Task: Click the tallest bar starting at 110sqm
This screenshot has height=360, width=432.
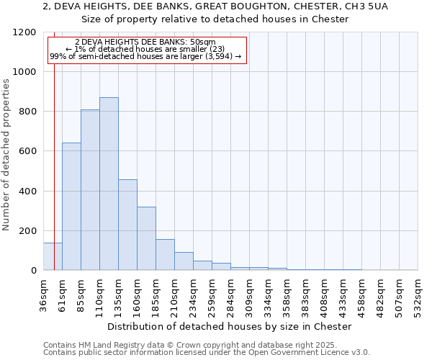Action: (109, 184)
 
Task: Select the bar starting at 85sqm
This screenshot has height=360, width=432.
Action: (90, 190)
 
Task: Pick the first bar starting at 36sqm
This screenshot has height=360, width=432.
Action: (53, 256)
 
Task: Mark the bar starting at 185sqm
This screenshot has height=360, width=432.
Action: (165, 255)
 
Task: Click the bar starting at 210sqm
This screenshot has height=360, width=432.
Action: (184, 261)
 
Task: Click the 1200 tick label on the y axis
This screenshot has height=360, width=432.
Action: (24, 32)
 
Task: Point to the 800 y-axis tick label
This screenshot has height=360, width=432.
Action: (27, 112)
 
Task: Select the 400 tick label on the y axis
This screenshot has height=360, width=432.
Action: (27, 191)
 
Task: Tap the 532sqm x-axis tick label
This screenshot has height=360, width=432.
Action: (418, 294)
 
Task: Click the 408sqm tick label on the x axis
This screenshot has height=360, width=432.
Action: (325, 294)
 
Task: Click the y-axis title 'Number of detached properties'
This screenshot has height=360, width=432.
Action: (6, 151)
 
